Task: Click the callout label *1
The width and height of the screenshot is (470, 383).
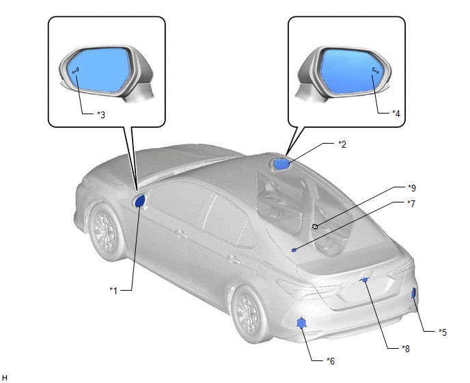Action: [x=113, y=290]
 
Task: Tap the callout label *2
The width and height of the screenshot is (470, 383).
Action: [x=342, y=144]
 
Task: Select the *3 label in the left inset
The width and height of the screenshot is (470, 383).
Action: [x=101, y=115]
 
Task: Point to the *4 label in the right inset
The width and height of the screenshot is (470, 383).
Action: [x=396, y=114]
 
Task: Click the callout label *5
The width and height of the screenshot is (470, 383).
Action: [x=443, y=332]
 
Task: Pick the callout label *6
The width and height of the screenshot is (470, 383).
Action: [x=331, y=360]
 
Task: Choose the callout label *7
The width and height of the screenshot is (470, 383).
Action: [x=411, y=204]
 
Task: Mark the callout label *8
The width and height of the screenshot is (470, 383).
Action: [x=406, y=348]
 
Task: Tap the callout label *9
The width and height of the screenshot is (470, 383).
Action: [x=412, y=187]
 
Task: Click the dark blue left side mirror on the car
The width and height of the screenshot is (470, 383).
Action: [x=140, y=201]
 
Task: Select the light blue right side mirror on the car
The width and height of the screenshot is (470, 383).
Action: [x=281, y=164]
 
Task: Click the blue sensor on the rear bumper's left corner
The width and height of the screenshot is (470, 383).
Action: [x=301, y=323]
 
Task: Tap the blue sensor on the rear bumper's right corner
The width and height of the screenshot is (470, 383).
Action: [x=414, y=293]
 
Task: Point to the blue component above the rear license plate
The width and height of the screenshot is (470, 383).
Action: [x=365, y=280]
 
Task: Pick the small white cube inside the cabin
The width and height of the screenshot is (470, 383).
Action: [x=315, y=226]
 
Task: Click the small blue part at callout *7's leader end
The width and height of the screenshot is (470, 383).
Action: [x=294, y=250]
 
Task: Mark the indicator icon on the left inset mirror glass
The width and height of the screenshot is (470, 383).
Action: [x=76, y=71]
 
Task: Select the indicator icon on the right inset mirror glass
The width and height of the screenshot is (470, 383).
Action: [x=375, y=70]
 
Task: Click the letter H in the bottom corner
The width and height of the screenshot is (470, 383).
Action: [x=5, y=378]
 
